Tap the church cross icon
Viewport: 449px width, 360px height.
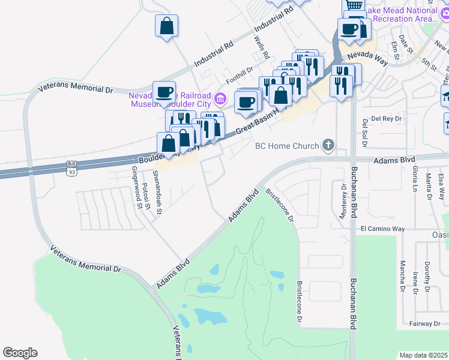point(328,145)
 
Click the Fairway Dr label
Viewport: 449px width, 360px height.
point(424,324)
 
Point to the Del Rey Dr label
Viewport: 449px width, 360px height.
point(386,118)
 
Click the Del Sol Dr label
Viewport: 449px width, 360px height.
point(364,133)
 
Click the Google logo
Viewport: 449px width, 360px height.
point(20,353)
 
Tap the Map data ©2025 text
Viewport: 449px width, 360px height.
point(423,355)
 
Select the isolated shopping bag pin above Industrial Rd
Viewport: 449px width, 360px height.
point(166,26)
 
